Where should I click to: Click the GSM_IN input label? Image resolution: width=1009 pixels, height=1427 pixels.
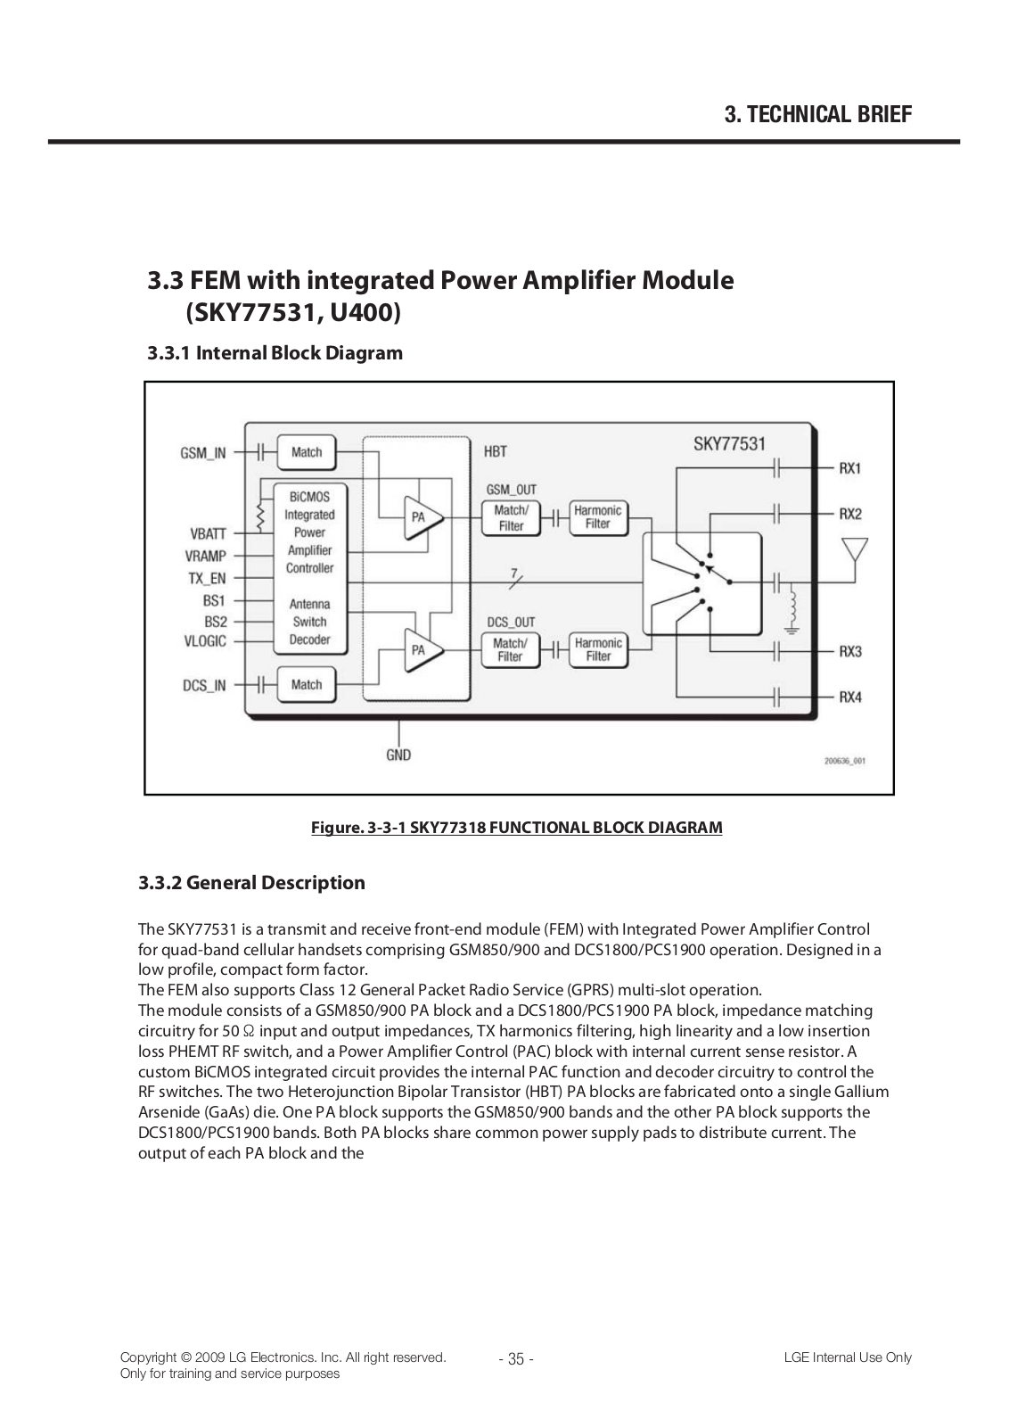click(x=203, y=452)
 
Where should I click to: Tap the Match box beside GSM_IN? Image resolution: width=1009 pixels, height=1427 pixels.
click(x=306, y=452)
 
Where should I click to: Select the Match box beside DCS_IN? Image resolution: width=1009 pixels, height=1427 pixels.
click(x=306, y=685)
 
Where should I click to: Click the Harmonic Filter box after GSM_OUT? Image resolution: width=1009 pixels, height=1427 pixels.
click(x=598, y=517)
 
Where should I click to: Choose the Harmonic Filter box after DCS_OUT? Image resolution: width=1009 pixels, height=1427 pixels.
click(x=598, y=649)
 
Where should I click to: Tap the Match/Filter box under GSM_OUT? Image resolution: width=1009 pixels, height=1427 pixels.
click(x=511, y=517)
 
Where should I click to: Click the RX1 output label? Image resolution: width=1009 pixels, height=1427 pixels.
click(x=850, y=468)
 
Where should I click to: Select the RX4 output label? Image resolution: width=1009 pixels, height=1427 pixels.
click(x=850, y=697)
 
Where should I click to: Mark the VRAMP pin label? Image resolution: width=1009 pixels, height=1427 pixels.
click(x=206, y=556)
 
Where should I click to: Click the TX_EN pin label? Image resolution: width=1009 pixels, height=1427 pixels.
click(x=207, y=578)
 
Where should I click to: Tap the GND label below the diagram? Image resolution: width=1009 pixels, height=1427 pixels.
click(x=398, y=755)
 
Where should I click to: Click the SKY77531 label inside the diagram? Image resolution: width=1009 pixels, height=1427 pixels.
click(x=729, y=444)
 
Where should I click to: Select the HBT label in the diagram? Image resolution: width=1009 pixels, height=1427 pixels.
click(x=496, y=451)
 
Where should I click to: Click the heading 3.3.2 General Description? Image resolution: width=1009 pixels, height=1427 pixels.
click(x=251, y=883)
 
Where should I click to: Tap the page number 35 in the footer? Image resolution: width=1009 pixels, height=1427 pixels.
click(x=515, y=1359)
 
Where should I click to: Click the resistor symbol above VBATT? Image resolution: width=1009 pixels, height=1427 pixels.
click(x=260, y=516)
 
